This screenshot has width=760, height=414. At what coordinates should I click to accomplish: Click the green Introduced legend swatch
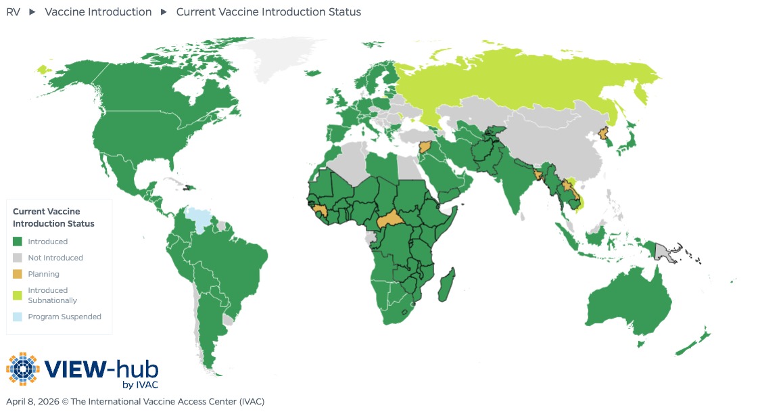click(18, 241)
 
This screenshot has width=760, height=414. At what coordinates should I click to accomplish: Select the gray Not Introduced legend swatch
click(18, 258)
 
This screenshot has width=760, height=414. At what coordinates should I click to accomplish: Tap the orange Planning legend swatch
click(18, 274)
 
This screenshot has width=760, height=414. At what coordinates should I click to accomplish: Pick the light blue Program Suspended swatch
click(18, 317)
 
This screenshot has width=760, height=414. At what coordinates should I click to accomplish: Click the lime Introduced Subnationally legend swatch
click(18, 295)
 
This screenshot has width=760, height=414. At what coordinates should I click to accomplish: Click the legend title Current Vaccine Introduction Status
click(53, 217)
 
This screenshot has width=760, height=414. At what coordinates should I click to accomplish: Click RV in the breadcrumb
click(13, 12)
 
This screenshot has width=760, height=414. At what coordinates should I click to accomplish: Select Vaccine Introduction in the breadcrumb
click(98, 12)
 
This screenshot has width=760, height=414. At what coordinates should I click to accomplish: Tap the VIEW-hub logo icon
click(23, 369)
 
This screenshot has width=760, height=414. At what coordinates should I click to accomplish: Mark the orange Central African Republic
click(389, 221)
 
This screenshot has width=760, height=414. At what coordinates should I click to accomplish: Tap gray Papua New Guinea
click(665, 253)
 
